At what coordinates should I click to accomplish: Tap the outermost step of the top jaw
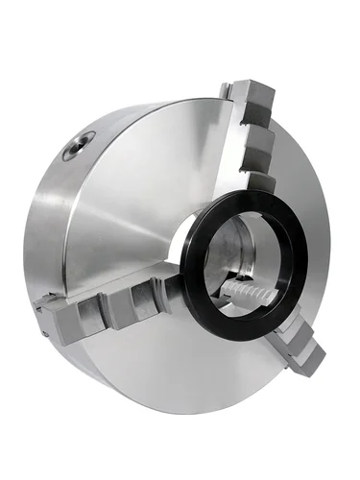click(x=257, y=96)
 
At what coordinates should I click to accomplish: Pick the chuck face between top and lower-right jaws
click(x=307, y=250)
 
